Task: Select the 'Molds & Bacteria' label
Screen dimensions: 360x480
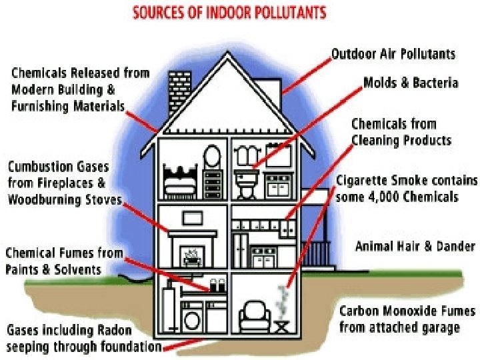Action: click(x=411, y=83)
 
